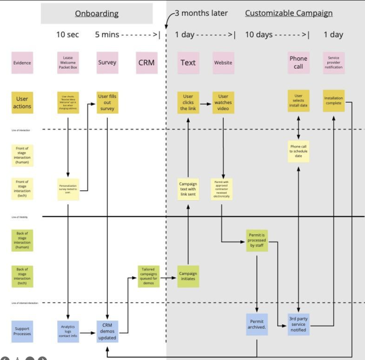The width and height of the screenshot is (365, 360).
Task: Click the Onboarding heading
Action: click(97, 13)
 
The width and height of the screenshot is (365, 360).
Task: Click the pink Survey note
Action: click(108, 62)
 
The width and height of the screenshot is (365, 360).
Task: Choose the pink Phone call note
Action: click(298, 62)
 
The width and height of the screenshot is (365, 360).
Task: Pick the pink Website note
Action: click(223, 62)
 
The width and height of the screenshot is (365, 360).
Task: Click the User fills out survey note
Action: click(108, 102)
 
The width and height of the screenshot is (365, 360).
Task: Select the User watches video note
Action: click(223, 102)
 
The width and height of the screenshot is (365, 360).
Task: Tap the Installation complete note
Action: click(334, 102)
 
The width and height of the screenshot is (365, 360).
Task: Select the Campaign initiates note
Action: click(188, 276)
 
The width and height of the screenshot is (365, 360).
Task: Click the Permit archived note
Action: click(258, 324)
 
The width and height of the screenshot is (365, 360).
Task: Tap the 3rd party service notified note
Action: click(299, 324)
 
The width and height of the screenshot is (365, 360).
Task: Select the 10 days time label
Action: click(258, 35)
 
